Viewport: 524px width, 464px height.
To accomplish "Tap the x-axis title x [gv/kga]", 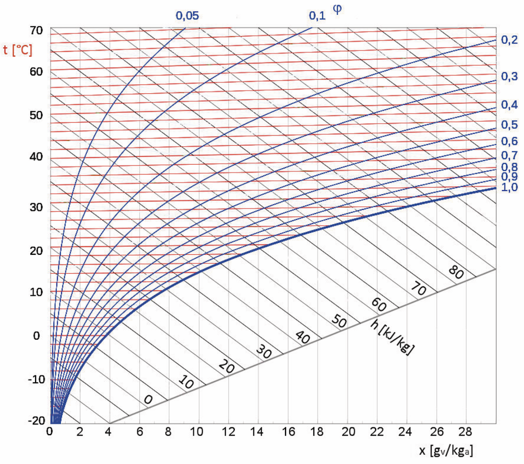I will [x=449, y=450].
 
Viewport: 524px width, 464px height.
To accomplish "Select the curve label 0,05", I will [x=187, y=16].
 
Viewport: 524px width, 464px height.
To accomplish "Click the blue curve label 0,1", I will [x=317, y=16].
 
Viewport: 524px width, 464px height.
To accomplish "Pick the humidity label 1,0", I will [x=509, y=187].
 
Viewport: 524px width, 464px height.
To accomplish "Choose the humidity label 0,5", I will [x=509, y=125].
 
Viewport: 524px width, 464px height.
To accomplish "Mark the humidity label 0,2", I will [x=509, y=40].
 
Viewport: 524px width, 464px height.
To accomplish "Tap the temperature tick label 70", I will [x=36, y=30].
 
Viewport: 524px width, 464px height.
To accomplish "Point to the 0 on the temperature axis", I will [x=36, y=335].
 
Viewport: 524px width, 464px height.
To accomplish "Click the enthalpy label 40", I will [x=303, y=337].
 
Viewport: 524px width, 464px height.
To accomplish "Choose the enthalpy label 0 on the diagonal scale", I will [x=148, y=400].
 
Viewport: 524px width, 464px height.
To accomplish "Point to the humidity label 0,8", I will [x=509, y=167].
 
